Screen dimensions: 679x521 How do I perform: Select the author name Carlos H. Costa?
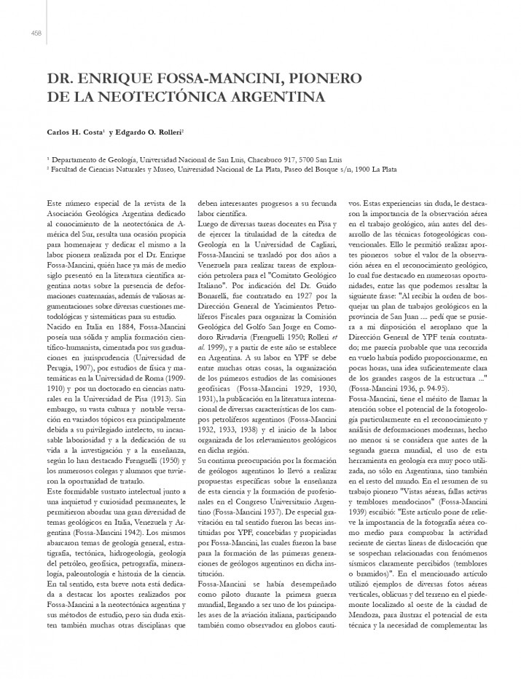(x=74, y=132)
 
